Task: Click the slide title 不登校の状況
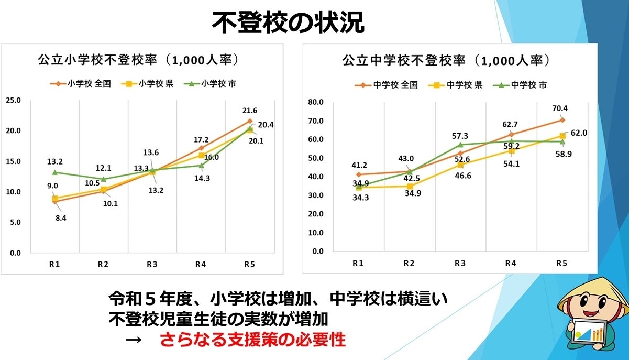(x=288, y=22)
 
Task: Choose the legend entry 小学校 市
(x=213, y=83)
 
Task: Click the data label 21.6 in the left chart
(x=249, y=111)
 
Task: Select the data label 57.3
(x=459, y=136)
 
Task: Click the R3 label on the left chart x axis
(x=152, y=265)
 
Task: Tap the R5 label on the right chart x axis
(x=561, y=263)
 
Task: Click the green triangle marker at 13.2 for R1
(x=54, y=172)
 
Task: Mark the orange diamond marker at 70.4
(x=562, y=120)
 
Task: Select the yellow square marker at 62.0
(x=562, y=136)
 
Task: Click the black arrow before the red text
(x=134, y=340)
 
